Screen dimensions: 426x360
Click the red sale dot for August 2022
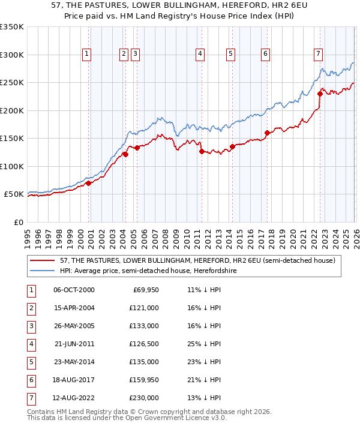tap(320, 94)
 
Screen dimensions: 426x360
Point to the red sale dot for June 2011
tap(202, 151)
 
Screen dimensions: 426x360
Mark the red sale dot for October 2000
tap(88, 183)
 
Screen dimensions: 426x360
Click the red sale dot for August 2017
tap(267, 133)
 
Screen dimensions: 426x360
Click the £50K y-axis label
tap(14, 194)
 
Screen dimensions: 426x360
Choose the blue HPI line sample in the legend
tap(43, 271)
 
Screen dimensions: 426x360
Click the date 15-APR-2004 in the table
tap(74, 308)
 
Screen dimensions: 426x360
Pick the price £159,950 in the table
tap(143, 380)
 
